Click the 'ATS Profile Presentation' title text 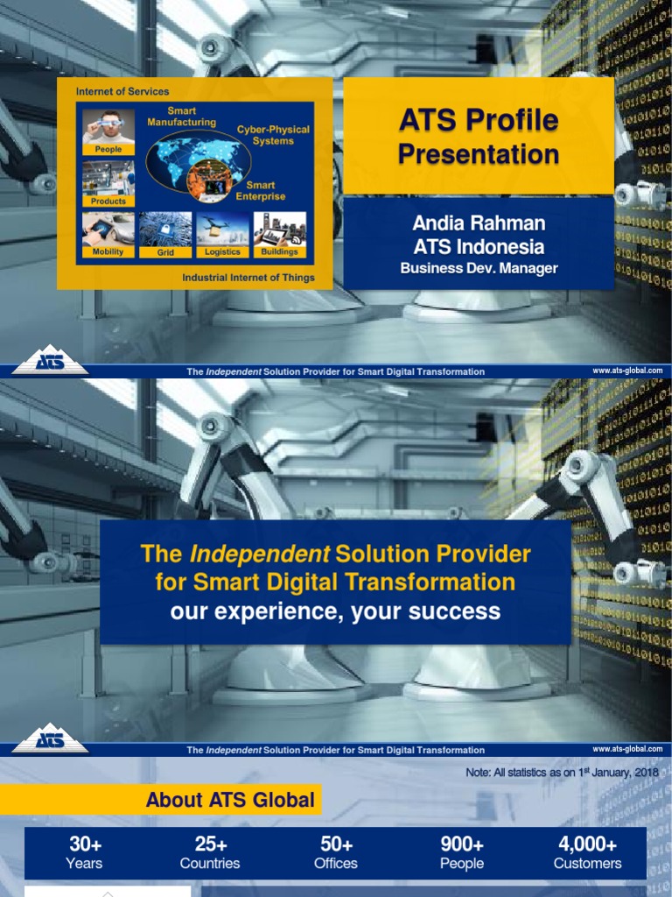point(478,137)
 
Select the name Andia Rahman point(478,223)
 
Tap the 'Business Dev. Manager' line point(478,268)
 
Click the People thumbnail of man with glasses point(108,127)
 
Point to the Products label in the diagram point(108,201)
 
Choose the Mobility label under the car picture point(108,251)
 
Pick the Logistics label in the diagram point(222,251)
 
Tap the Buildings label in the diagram point(280,251)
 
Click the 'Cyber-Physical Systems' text point(273,135)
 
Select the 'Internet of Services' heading point(122,91)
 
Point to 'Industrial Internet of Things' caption point(248,278)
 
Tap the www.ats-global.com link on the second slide point(627,749)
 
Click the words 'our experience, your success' point(335,611)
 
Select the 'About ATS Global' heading point(230,800)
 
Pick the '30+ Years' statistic point(84,853)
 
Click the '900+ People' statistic point(462,853)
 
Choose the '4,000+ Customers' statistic point(587,853)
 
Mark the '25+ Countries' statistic point(210,853)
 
